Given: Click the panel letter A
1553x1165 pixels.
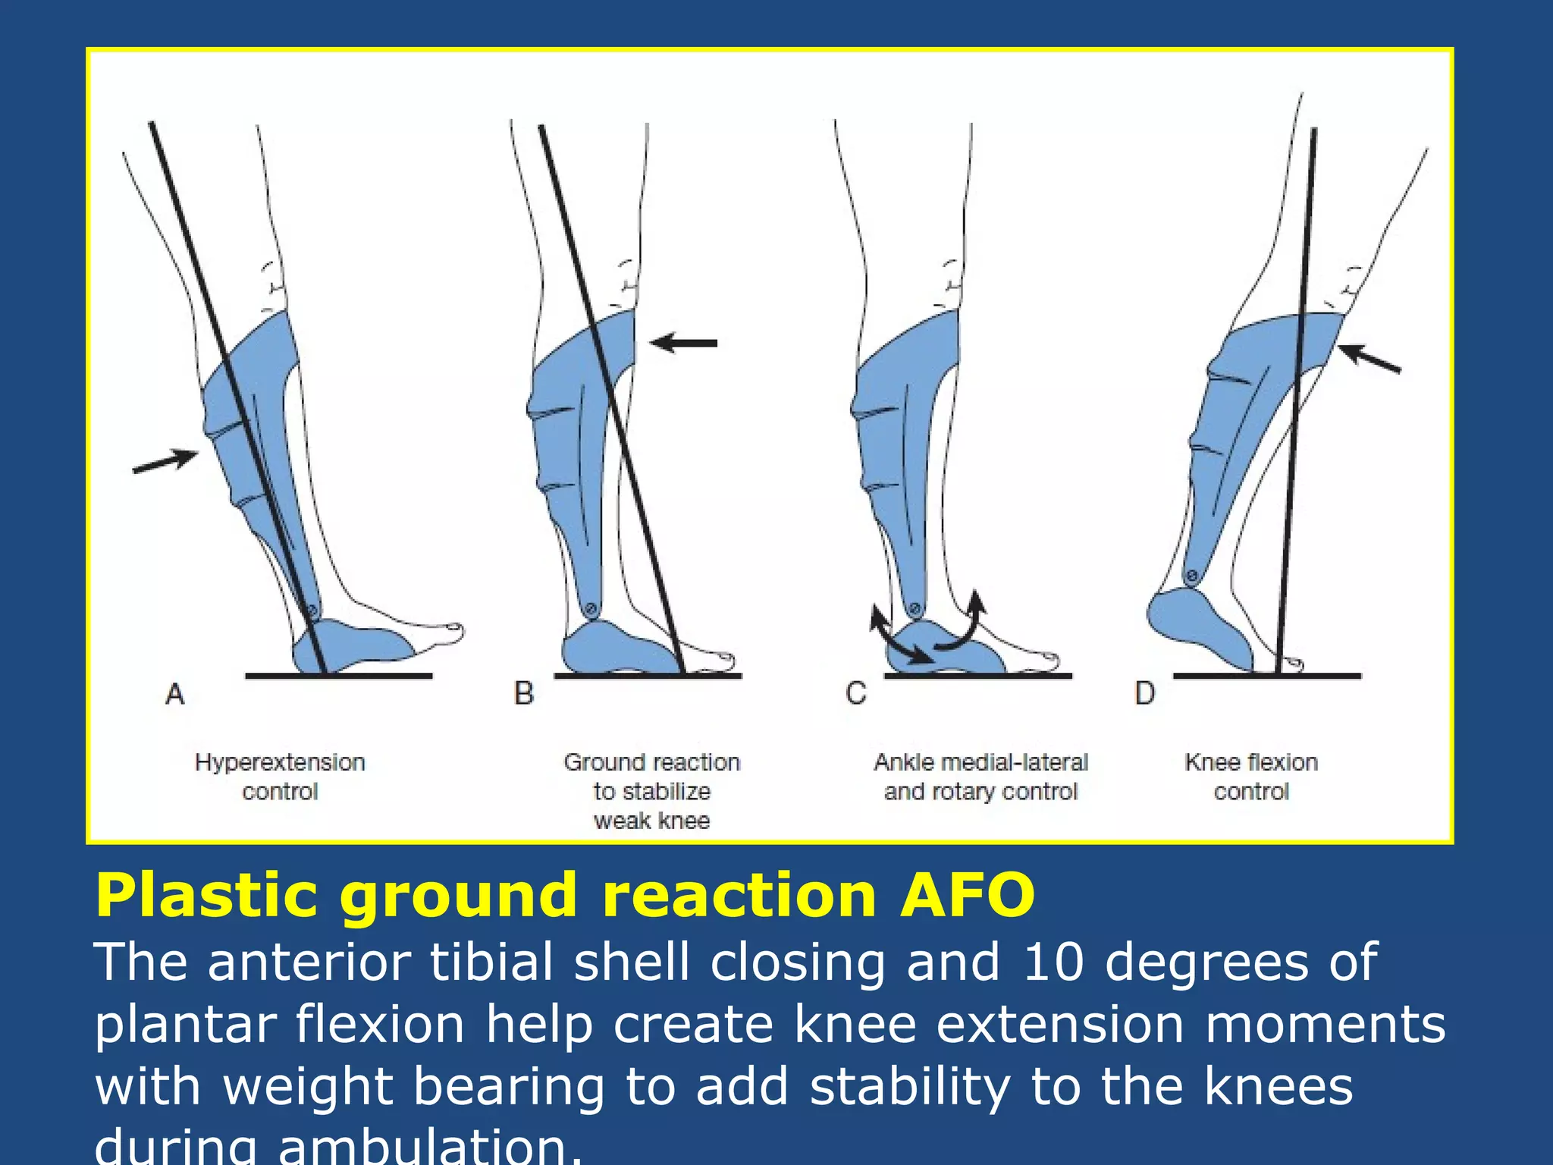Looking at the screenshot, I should click(175, 693).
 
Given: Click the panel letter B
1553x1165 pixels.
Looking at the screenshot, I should click(524, 693).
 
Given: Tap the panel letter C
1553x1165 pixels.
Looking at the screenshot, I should click(856, 693).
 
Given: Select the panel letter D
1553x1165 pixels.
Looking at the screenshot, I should click(1144, 693).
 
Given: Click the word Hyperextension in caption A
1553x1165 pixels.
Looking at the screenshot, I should click(280, 762).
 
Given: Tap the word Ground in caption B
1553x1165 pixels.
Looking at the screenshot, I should click(599, 762).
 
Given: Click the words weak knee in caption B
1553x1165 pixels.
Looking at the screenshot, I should click(651, 821).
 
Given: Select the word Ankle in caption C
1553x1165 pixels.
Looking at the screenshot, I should click(904, 762).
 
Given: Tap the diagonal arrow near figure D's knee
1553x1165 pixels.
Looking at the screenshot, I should click(1369, 359).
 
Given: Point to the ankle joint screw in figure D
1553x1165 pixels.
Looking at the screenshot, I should click(1191, 576).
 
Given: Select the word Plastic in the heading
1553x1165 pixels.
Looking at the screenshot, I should click(205, 896).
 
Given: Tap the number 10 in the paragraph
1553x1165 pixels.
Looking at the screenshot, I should click(1053, 962).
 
